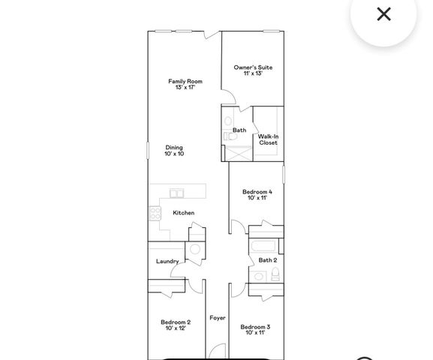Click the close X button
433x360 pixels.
pos(383,14)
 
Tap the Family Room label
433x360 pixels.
pos(185,81)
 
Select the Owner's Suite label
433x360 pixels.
pos(252,67)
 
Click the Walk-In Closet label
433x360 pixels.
pos(268,139)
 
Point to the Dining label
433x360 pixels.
pos(174,148)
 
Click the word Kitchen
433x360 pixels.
pos(184,213)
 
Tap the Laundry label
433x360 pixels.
pos(167,262)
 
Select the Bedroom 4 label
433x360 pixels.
pos(257,192)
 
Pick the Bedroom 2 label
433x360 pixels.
pos(176,322)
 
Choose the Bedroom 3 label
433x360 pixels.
pos(255,327)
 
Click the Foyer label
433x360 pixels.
pos(218,318)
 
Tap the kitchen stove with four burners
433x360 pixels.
pos(156,213)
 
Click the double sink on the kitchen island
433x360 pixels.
pos(177,193)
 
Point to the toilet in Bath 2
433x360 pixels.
pos(275,273)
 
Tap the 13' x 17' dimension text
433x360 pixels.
pos(185,88)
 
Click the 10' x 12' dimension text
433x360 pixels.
pos(176,328)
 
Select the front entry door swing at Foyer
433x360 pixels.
pos(216,350)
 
